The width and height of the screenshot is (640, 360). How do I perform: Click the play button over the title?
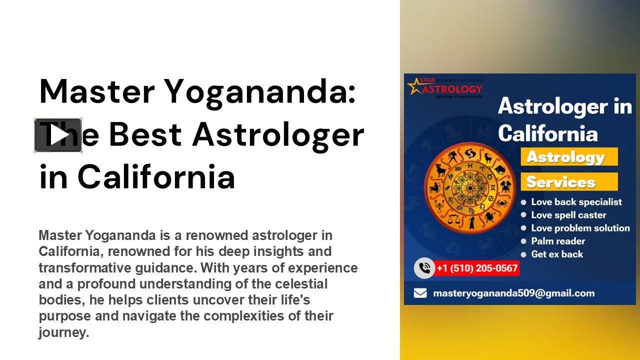58,135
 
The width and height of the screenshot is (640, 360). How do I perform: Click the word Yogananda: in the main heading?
260,91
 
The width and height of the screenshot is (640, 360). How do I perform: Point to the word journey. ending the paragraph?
63,332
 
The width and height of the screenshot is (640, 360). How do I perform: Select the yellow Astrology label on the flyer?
566,157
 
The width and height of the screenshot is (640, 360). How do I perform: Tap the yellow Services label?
561,182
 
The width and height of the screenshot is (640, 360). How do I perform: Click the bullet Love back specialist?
576,202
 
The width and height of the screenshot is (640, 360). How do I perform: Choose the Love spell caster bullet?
568,215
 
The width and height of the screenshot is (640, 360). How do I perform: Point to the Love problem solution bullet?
580,228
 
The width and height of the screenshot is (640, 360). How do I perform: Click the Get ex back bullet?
557,254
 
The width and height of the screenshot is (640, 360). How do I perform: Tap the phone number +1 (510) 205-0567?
476,268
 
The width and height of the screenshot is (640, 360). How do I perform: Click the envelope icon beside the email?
420,293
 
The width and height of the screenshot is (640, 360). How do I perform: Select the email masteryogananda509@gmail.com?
513,293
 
